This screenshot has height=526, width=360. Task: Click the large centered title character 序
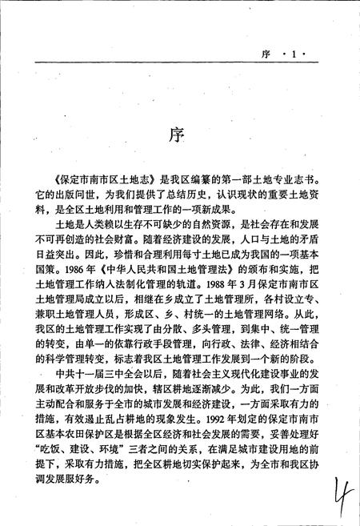[x=178, y=131]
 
